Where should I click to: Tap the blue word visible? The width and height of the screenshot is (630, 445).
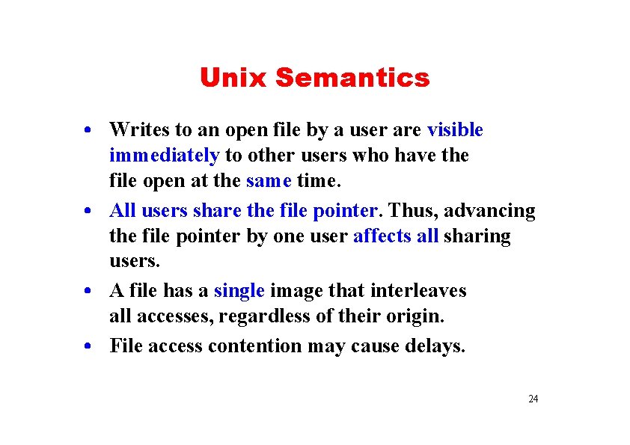click(x=455, y=130)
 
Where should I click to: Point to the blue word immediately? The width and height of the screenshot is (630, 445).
click(x=164, y=156)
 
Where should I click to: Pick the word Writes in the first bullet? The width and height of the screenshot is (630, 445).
click(x=135, y=130)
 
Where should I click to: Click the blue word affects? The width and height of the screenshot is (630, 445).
click(x=382, y=236)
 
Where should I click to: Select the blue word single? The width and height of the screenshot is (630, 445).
click(x=239, y=290)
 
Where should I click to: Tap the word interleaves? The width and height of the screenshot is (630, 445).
click(x=423, y=290)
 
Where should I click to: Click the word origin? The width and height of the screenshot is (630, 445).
click(x=415, y=316)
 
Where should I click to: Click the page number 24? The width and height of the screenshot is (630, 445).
click(x=533, y=399)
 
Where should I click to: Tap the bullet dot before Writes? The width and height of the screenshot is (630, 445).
click(x=88, y=131)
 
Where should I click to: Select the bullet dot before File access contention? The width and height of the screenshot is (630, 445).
click(x=88, y=347)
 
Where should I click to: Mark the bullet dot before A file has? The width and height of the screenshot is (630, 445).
click(x=88, y=291)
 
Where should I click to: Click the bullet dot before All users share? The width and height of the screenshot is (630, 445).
click(x=88, y=212)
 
